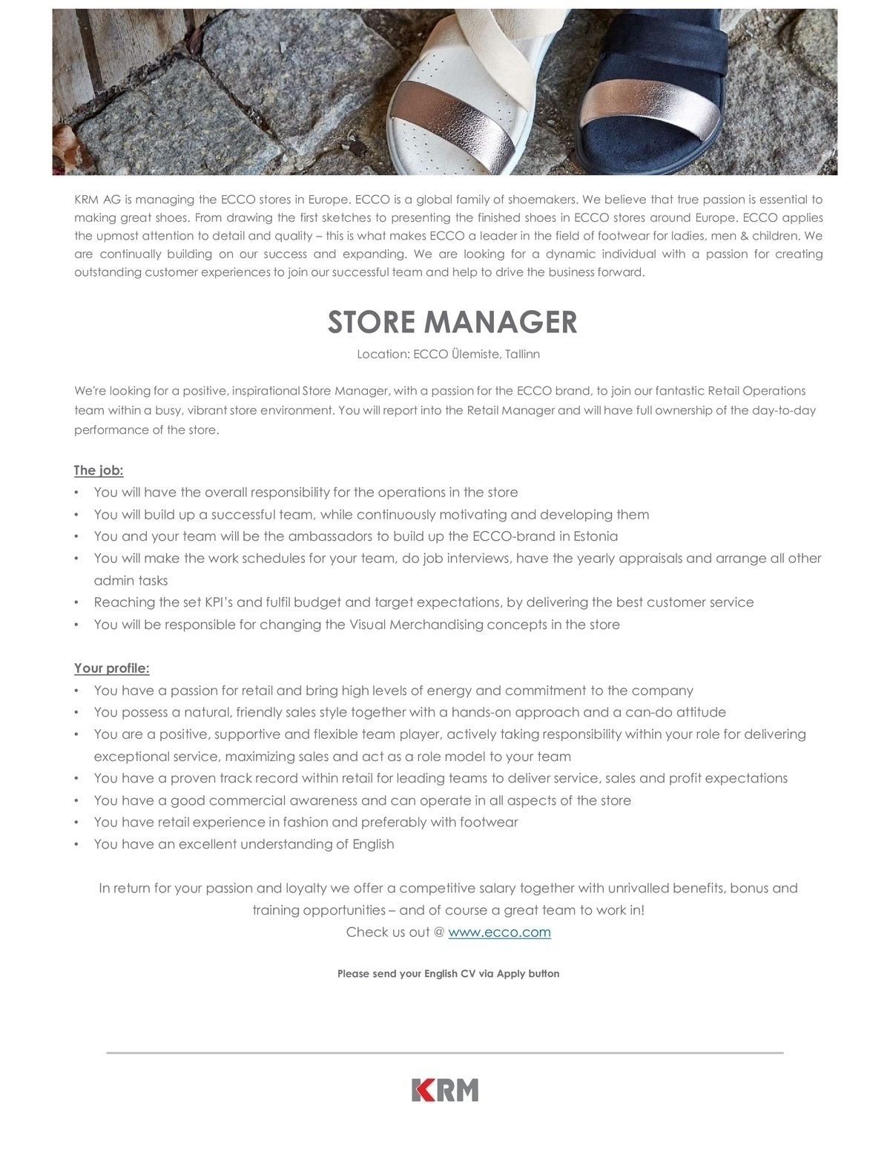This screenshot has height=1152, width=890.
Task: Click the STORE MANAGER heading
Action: [x=452, y=322]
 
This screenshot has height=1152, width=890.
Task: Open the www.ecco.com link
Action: [x=499, y=932]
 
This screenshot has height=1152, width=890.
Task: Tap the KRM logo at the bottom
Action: [x=445, y=1090]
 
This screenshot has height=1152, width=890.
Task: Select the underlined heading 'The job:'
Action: [x=99, y=470]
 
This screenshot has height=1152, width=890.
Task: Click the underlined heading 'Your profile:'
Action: [x=112, y=668]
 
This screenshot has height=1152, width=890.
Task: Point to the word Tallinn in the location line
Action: [x=522, y=355]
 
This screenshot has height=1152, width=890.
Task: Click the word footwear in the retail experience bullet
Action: [x=489, y=822]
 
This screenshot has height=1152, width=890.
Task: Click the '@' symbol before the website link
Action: [x=439, y=932]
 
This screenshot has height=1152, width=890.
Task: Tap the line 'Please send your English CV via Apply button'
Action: [x=448, y=974]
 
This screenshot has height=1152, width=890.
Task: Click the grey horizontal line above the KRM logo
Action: [x=445, y=1053]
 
